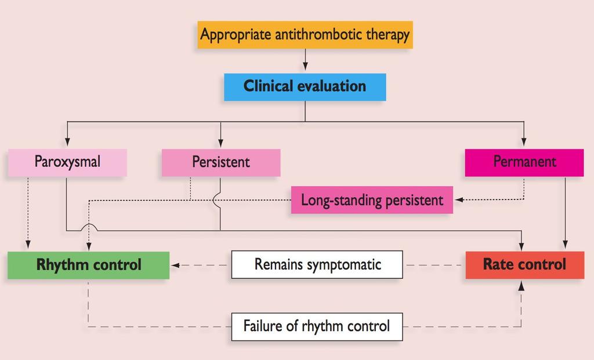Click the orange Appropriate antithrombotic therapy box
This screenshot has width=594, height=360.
coord(305,35)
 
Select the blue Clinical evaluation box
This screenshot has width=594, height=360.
coord(305,87)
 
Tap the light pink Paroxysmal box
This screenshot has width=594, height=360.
coord(67,162)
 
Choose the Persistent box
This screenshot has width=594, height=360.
coord(221,162)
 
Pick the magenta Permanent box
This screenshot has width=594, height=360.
coord(524,162)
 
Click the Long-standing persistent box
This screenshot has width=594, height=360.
coord(372,200)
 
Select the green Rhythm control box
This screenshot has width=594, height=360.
coord(89,266)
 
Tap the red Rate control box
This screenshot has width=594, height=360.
coord(524,265)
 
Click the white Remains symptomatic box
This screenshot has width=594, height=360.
coord(317,264)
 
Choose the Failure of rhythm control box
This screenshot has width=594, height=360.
coord(317,326)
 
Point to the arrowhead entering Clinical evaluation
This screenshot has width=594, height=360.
coord(305,66)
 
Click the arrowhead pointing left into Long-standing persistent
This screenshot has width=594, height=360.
coord(458,199)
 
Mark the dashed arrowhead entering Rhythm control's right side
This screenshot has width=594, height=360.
coord(175,265)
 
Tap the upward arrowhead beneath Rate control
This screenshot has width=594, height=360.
coord(521,285)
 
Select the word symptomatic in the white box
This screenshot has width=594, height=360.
coord(343,265)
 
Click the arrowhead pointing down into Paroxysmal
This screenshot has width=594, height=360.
coord(67,141)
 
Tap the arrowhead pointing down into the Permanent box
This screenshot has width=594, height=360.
coord(524,141)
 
